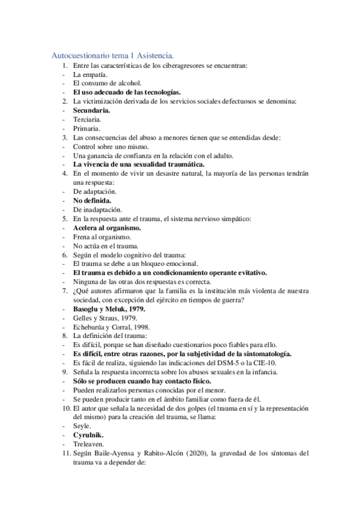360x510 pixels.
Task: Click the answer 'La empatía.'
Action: click(90, 74)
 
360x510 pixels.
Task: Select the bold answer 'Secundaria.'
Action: click(91, 111)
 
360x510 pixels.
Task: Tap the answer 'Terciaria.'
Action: click(88, 120)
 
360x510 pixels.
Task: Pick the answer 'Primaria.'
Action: click(87, 129)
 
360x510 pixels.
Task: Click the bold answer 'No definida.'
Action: click(93, 200)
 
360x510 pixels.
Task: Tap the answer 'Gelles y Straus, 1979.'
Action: click(105, 318)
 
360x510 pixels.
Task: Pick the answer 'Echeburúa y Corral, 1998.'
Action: click(111, 327)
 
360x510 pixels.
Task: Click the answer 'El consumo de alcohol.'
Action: click(107, 83)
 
